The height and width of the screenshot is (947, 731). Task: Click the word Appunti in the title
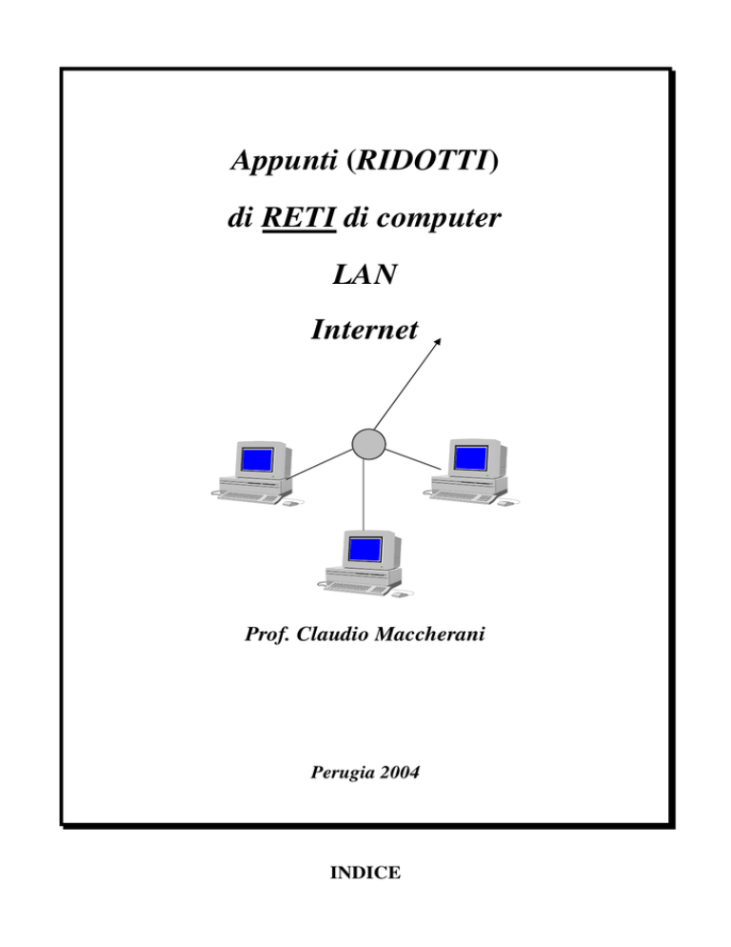[284, 161]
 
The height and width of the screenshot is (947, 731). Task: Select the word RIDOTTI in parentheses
[424, 160]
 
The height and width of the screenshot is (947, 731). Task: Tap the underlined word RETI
[299, 217]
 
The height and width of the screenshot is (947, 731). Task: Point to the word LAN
[365, 274]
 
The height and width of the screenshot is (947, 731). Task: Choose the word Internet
[365, 330]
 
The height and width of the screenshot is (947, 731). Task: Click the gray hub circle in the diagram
[368, 444]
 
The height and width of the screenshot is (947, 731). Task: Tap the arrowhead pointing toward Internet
[438, 342]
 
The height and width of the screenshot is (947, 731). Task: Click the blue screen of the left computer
[257, 459]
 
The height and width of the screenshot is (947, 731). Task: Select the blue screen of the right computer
[470, 458]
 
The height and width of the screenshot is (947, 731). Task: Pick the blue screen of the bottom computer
[365, 549]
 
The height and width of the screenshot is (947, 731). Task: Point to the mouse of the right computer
[505, 502]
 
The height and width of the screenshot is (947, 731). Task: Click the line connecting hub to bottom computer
[364, 494]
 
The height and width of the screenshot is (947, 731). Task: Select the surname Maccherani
[430, 635]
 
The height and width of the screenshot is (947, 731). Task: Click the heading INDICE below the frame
[365, 872]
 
